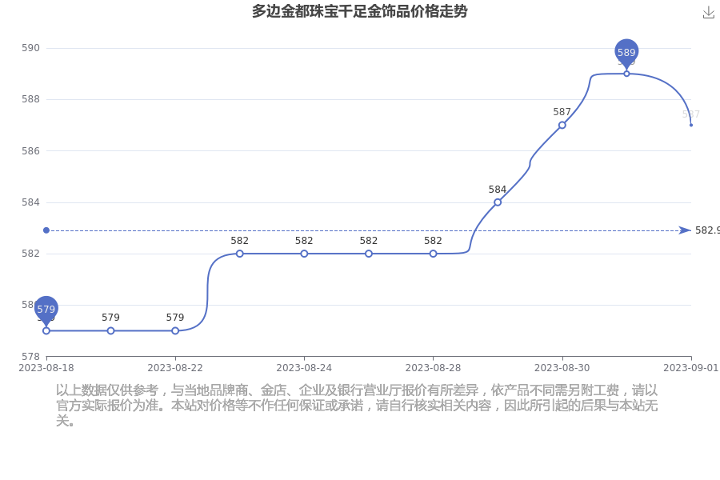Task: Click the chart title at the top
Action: pyautogui.click(x=359, y=11)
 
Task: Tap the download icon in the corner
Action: pyautogui.click(x=708, y=12)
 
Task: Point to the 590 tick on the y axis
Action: pyautogui.click(x=30, y=48)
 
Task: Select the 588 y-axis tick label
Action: pyautogui.click(x=30, y=99)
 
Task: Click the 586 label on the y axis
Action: pyautogui.click(x=30, y=150)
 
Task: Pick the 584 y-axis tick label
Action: pyautogui.click(x=30, y=202)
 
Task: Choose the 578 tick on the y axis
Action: pyautogui.click(x=30, y=356)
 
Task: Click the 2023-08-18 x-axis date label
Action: pyautogui.click(x=46, y=367)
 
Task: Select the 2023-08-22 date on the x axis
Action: pyautogui.click(x=175, y=367)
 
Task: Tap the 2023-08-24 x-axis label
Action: pyautogui.click(x=304, y=367)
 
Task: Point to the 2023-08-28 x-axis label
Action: pyautogui.click(x=433, y=367)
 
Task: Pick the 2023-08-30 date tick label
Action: pyautogui.click(x=562, y=367)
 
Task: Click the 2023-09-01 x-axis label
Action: pyautogui.click(x=690, y=367)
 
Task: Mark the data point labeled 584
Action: pyautogui.click(x=498, y=202)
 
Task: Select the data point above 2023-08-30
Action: pyautogui.click(x=562, y=125)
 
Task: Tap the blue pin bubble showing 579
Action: pyautogui.click(x=46, y=309)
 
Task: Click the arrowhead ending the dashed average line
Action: pyautogui.click(x=685, y=230)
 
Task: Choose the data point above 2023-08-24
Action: pyautogui.click(x=304, y=254)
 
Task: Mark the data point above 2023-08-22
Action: pyautogui.click(x=175, y=330)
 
